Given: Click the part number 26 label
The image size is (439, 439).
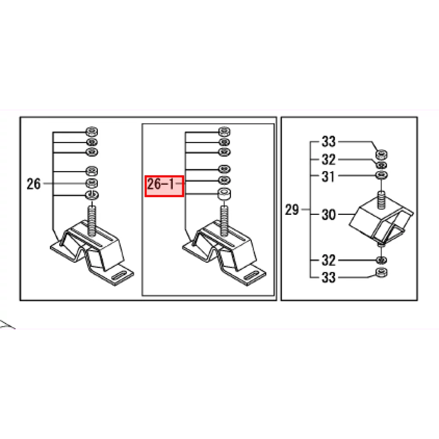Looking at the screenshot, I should pyautogui.click(x=33, y=184).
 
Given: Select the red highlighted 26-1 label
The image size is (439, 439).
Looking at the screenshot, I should pyautogui.click(x=164, y=186).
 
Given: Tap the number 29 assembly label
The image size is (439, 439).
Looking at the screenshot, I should pyautogui.click(x=292, y=210).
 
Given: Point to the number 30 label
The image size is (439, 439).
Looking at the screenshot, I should pyautogui.click(x=329, y=215).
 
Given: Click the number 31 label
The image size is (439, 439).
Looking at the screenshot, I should pyautogui.click(x=328, y=176).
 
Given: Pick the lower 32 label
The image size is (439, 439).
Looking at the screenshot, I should pyautogui.click(x=329, y=261).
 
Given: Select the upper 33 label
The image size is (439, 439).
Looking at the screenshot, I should pyautogui.click(x=329, y=142).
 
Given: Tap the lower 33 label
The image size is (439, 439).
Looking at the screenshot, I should pyautogui.click(x=329, y=278).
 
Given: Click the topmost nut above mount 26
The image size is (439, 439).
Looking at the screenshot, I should pyautogui.click(x=91, y=131).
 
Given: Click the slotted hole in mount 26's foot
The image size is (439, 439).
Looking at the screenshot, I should pyautogui.click(x=118, y=276).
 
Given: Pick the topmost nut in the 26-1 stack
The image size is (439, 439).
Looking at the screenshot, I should pyautogui.click(x=223, y=131).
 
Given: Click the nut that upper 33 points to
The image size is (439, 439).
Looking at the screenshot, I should pyautogui.click(x=380, y=155).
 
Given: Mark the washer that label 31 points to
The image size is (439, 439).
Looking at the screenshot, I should pyautogui.click(x=380, y=175).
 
